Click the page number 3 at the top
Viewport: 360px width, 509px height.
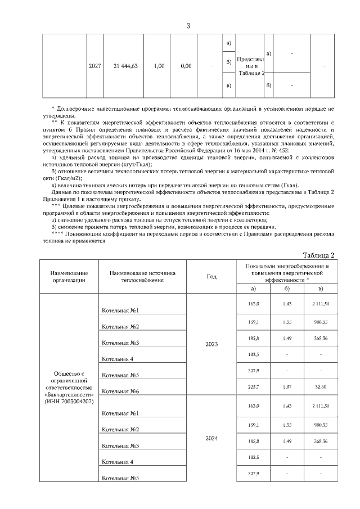188,26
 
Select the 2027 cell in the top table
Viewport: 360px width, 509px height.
95,66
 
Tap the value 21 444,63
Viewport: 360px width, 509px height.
125,66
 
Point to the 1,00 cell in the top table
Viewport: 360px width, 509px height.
159,66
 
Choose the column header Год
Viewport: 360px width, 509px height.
211,276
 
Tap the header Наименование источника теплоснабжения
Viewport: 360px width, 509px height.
143,276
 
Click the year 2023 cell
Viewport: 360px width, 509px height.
211,344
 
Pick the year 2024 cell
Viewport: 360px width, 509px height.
211,438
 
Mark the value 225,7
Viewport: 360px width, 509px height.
254,387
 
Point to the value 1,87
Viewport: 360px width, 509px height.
286,387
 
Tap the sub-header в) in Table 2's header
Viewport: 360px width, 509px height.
320,289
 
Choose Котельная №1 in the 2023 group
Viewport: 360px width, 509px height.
120,310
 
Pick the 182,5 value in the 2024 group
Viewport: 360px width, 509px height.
254,457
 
